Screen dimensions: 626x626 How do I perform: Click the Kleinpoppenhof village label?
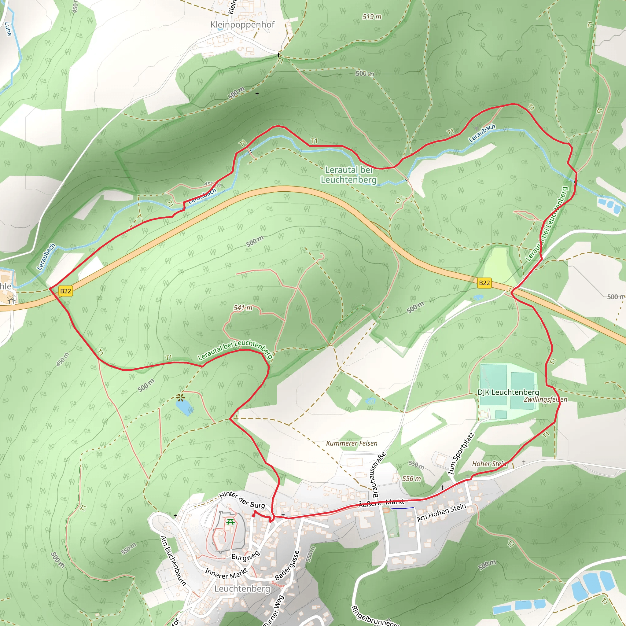pos(242,25)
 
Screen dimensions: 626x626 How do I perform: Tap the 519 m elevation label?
pos(372,17)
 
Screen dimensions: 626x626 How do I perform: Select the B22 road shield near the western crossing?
pos(65,291)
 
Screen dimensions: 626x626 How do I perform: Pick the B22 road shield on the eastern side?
pos(484,283)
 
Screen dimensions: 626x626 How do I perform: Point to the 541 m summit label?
pos(243,308)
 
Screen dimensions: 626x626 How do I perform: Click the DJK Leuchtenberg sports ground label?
pos(508,392)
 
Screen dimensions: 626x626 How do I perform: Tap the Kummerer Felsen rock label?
pos(352,443)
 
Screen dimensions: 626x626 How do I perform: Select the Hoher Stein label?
pos(489,464)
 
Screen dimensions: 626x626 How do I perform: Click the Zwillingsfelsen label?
pos(545,400)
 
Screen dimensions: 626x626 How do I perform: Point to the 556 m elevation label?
pos(411,479)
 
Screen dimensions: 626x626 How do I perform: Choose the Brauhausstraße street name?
pos(379,475)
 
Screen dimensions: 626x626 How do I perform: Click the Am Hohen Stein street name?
pos(441,512)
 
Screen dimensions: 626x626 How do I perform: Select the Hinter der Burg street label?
pos(242,500)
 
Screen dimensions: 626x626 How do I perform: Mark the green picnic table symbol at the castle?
pos(230,522)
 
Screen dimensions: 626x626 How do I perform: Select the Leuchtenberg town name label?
pos(242,589)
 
